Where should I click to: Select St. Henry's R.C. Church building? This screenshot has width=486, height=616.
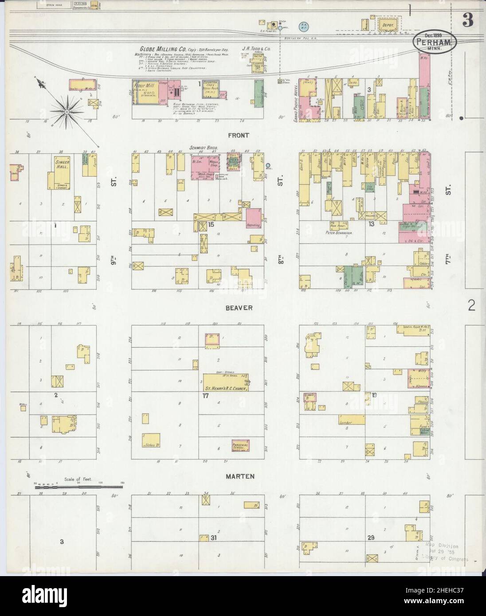pyautogui.click(x=225, y=382)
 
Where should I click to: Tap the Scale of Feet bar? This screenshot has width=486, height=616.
pyautogui.click(x=79, y=487)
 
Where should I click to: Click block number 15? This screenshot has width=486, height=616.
pyautogui.click(x=211, y=225)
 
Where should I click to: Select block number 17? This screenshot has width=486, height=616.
pyautogui.click(x=205, y=395)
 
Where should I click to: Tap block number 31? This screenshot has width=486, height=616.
pyautogui.click(x=214, y=538)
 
